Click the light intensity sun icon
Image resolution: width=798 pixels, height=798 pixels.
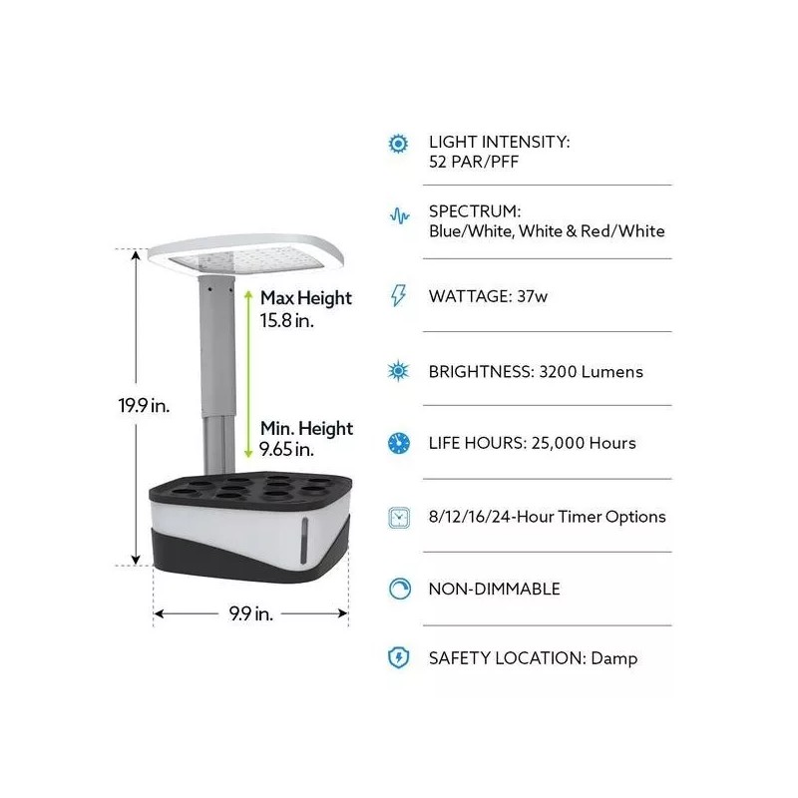[398, 143]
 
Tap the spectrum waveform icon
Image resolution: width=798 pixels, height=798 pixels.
[398, 215]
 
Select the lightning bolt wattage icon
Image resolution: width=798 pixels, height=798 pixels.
[398, 295]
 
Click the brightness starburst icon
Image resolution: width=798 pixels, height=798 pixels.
[398, 371]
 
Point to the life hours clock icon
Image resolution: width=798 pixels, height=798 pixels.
[398, 443]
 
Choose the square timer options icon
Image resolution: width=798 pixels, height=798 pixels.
[398, 517]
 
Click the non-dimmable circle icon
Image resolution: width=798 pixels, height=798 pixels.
[398, 589]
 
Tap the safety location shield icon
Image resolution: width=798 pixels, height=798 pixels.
[398, 658]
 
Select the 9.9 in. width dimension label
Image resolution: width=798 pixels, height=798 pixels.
[249, 614]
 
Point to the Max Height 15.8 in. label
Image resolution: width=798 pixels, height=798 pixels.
[305, 308]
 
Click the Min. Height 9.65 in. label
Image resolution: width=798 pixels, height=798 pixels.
[306, 439]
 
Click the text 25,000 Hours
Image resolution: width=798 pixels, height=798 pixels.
[583, 443]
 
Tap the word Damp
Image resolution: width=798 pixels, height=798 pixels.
[613, 658]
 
